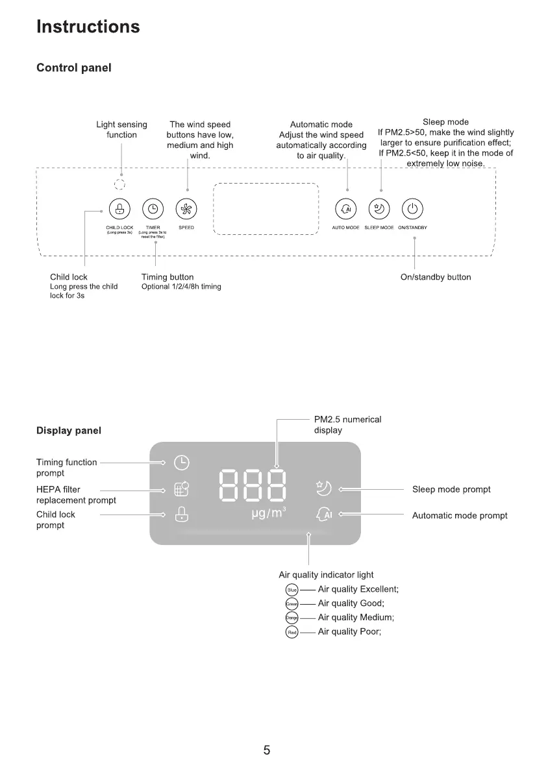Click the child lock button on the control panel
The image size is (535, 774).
119,209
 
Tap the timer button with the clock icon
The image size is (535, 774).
153,209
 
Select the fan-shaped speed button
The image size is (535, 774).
186,209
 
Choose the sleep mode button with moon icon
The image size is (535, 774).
379,209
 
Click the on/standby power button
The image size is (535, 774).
413,209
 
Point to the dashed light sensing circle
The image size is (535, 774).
119,184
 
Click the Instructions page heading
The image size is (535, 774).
88,27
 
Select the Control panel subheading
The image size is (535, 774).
73,68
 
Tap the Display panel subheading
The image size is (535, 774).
69,430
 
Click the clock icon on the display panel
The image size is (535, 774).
182,463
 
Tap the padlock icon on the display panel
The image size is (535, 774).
182,514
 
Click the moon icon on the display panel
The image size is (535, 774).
324,488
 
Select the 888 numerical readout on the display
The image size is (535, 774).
253,485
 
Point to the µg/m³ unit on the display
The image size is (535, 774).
268,514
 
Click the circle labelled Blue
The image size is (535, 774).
292,590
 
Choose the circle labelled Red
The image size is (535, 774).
292,632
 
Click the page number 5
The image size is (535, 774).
267,751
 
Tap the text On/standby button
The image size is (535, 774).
436,278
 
